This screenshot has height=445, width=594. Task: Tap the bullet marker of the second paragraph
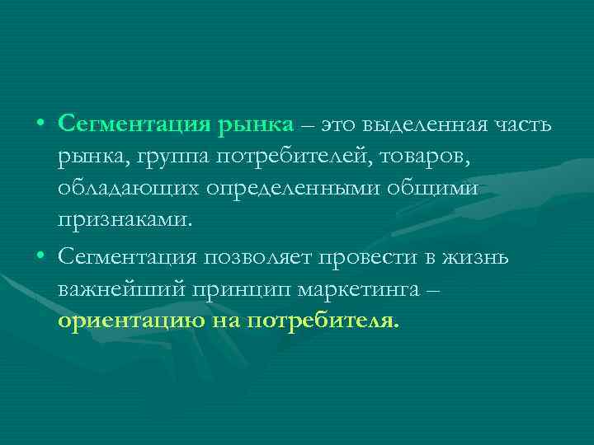40,258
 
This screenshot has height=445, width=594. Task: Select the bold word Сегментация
134,124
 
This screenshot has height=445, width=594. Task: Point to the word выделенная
420,124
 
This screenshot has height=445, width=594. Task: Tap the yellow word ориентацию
127,321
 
